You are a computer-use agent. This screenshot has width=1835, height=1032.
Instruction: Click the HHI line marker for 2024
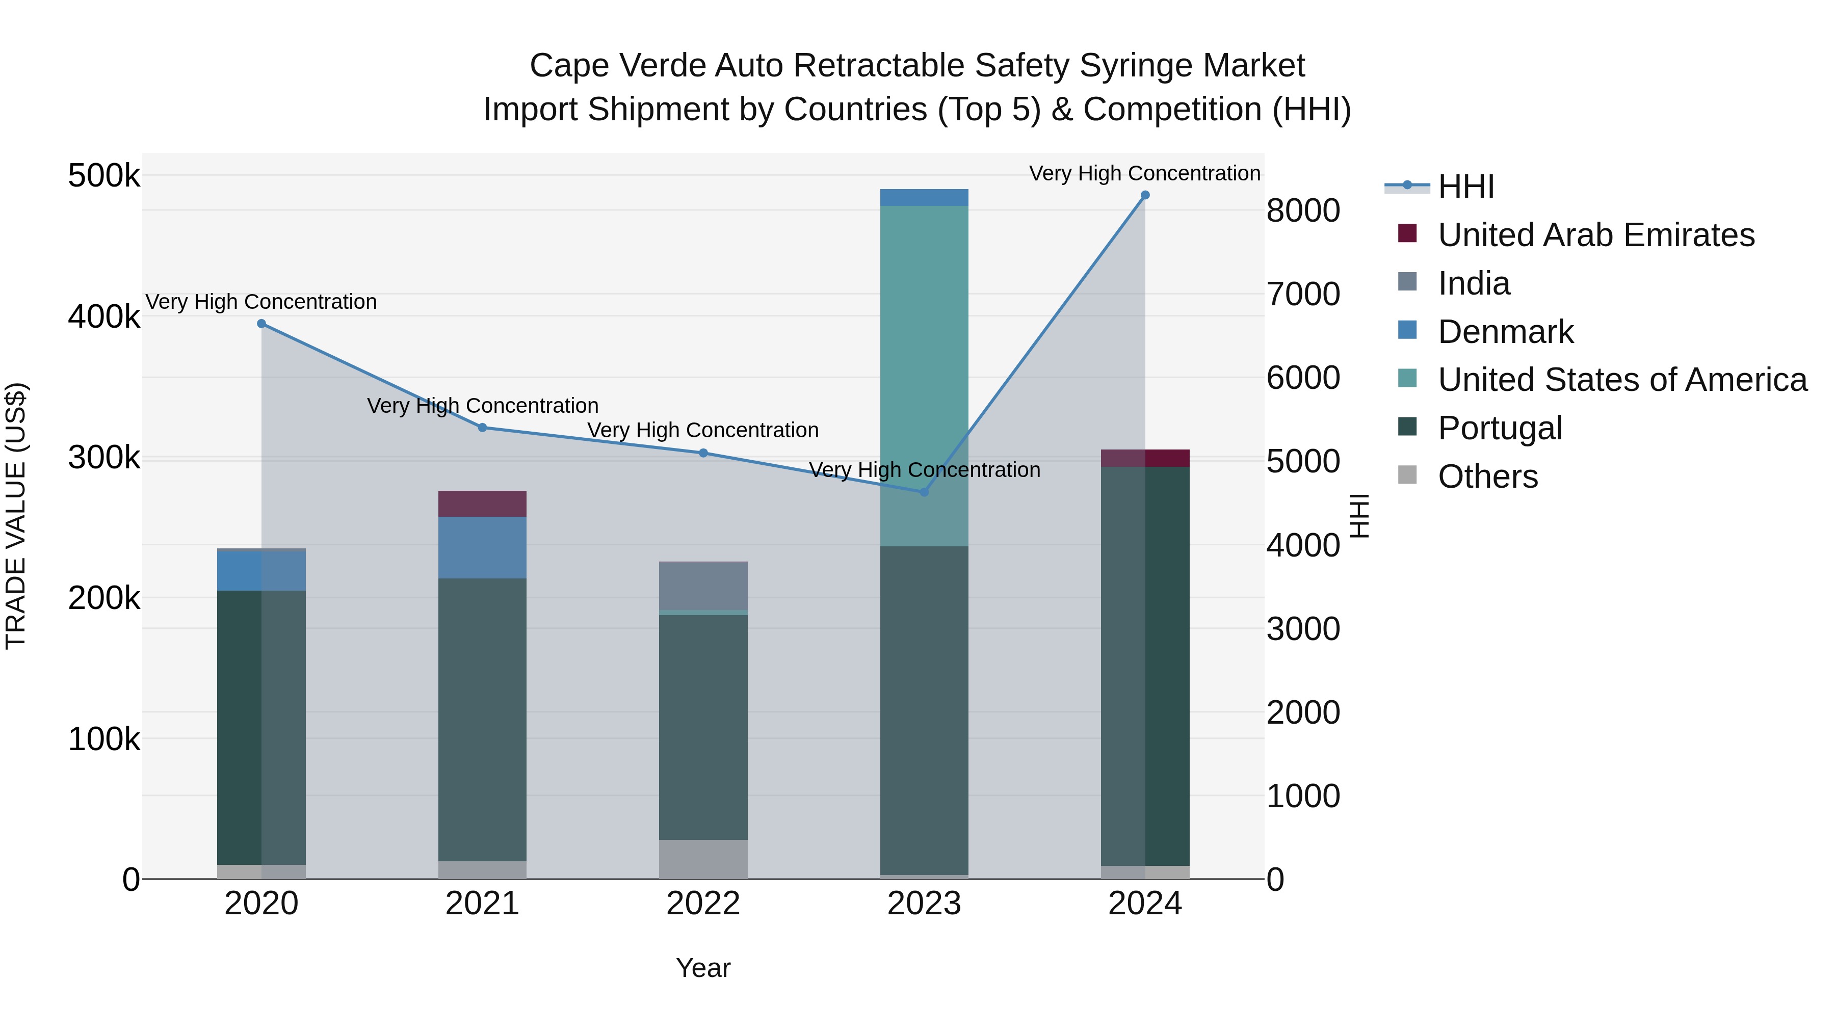tap(1145, 195)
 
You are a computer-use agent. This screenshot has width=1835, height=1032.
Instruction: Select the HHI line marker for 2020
tap(261, 324)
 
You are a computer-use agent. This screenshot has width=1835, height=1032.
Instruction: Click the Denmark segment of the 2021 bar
tap(482, 547)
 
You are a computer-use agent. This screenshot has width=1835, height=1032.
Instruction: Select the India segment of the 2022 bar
tap(703, 586)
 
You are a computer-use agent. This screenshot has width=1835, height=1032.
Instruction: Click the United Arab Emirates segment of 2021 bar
tap(482, 504)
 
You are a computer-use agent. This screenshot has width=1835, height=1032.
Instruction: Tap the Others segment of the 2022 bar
tap(703, 859)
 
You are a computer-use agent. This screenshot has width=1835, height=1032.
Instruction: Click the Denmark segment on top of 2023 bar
tap(924, 197)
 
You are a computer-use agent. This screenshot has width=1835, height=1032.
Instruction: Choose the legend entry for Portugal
tap(1500, 428)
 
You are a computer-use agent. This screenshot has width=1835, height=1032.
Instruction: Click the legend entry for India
tap(1473, 283)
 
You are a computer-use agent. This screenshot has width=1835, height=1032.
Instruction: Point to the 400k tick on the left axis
tap(104, 317)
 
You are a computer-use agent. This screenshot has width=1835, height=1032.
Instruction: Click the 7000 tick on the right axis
tap(1303, 294)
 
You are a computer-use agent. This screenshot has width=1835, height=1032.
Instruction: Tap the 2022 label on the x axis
tap(703, 904)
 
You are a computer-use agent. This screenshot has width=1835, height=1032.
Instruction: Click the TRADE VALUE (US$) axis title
tap(16, 516)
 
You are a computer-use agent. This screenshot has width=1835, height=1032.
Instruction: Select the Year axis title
tap(703, 968)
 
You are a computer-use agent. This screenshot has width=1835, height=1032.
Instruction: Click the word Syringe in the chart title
tap(1128, 66)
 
